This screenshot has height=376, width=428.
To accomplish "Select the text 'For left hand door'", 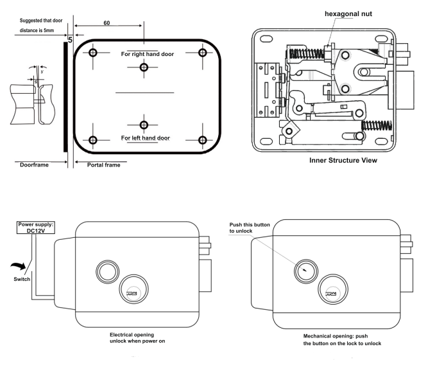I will [144, 138].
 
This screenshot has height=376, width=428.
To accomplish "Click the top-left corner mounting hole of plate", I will [94, 53].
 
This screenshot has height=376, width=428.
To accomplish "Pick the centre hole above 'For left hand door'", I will [144, 123].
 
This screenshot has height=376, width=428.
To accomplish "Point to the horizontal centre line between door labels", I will [144, 94].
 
